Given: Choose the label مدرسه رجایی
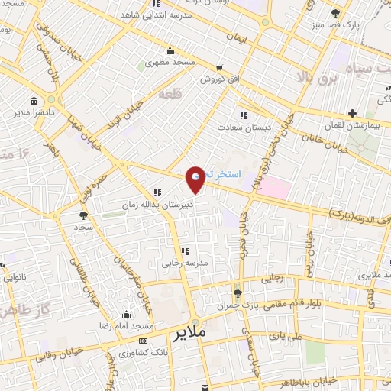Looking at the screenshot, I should pos(184,262).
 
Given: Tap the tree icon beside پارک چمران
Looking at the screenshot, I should pos(238,292).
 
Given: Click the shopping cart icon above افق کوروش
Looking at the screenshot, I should pos(221,68).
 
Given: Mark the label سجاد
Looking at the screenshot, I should pos(82,228).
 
